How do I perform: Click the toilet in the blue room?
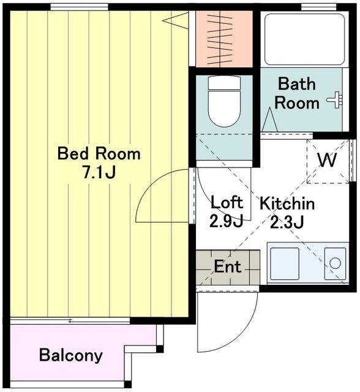tap(224, 101)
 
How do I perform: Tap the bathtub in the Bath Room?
tap(304, 39)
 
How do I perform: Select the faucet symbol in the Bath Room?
tap(335, 100)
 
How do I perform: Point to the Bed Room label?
tap(99, 154)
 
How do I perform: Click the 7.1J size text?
tap(99, 172)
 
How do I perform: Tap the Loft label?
tap(227, 202)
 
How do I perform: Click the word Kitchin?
tap(287, 203)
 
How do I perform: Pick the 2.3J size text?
tap(287, 222)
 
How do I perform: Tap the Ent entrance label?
tap(227, 266)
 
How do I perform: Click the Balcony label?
tap(71, 355)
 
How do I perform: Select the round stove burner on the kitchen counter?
tap(335, 263)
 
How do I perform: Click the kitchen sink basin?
tap(285, 263)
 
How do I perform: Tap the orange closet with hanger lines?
tap(224, 39)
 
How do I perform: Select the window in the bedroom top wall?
tap(79, 7)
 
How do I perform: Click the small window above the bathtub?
tap(315, 7)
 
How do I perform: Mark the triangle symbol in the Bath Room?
tap(269, 119)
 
